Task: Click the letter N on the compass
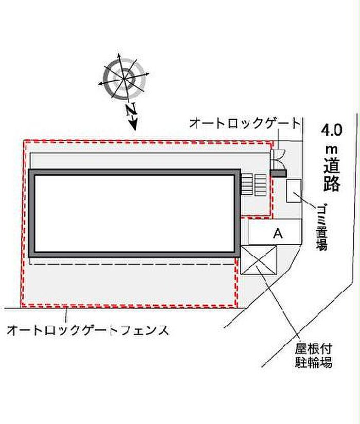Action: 131,110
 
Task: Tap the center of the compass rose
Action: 124,79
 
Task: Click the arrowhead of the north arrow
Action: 134,123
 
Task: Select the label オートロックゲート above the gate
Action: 245,123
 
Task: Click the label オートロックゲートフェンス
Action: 88,330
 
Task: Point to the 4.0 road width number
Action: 332,130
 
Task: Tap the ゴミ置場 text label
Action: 322,227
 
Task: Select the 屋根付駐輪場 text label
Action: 313,356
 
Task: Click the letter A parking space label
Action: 278,233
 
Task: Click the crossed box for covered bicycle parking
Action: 259,260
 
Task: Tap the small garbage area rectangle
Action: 294,191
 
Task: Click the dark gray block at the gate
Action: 279,173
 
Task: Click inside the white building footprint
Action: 135,213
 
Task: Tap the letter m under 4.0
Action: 332,149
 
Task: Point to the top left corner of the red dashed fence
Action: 24,141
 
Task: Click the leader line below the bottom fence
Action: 66,315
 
